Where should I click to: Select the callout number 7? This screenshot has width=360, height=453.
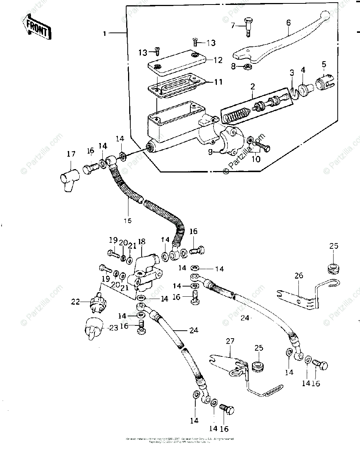(x=233, y=25)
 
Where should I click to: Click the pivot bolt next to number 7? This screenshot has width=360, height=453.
(x=248, y=26)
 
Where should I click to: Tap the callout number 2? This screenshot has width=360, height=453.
(x=252, y=86)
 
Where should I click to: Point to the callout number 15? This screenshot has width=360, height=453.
(x=128, y=221)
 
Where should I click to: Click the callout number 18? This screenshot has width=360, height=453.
(x=142, y=242)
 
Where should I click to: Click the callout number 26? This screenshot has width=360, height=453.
(x=299, y=276)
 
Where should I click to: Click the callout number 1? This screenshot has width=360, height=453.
(x=105, y=34)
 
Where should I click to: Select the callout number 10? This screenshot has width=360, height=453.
(x=256, y=159)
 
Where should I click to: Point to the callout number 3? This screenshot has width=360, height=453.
(x=292, y=72)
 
